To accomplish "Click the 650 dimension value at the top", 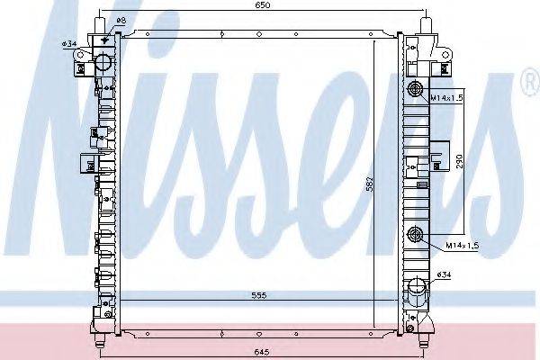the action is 263,5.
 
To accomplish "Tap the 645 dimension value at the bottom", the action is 262,352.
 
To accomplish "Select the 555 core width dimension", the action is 258,295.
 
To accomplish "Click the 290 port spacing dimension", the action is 460,161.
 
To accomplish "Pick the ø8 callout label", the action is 121,21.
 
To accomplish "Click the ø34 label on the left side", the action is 69,44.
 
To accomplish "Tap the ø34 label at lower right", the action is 444,274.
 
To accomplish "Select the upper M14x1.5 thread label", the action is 446,98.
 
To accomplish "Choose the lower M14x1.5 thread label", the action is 463,246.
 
